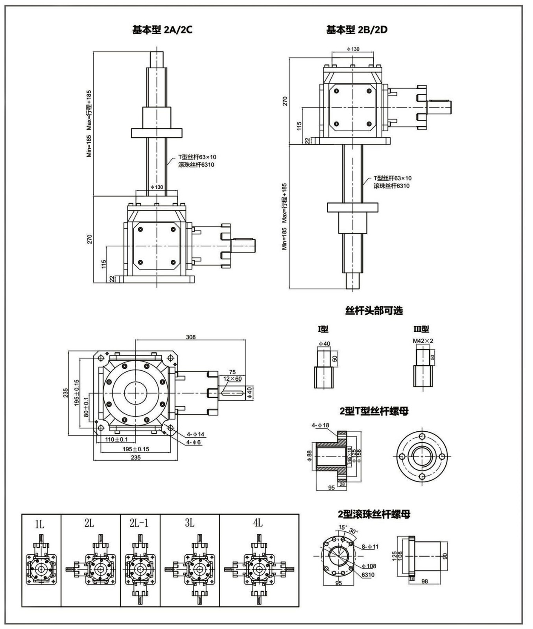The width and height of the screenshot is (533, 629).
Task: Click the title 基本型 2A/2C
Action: pyautogui.click(x=162, y=30)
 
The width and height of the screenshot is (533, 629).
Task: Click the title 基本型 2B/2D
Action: pyautogui.click(x=356, y=30)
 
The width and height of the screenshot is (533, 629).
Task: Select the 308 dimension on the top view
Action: pyautogui.click(x=191, y=337)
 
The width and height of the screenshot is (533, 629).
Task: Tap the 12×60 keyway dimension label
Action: pyautogui.click(x=232, y=379)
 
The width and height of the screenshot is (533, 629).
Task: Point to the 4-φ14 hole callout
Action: pyautogui.click(x=195, y=434)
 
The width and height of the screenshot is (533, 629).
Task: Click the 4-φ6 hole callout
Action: pyautogui.click(x=194, y=442)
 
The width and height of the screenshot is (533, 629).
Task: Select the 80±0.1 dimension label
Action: pyautogui.click(x=86, y=409)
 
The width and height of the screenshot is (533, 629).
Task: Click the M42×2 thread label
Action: pyautogui.click(x=423, y=341)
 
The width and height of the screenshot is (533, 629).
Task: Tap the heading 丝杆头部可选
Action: pyautogui.click(x=374, y=311)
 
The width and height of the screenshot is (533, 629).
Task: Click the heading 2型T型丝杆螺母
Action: pyautogui.click(x=374, y=411)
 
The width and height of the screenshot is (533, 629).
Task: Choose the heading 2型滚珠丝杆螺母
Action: pyautogui.click(x=374, y=514)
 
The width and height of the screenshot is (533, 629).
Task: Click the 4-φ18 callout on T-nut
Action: pyautogui.click(x=320, y=425)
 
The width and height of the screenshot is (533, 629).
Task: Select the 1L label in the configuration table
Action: pyautogui.click(x=40, y=524)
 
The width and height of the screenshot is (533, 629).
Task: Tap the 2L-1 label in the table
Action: pyautogui.click(x=139, y=523)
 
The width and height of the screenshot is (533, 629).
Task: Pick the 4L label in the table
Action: pyautogui.click(x=258, y=523)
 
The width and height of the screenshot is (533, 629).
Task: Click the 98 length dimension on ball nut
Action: pyautogui.click(x=424, y=581)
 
